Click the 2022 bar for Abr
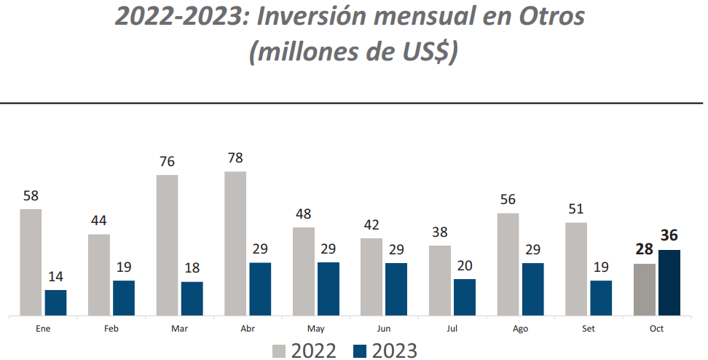[235, 243]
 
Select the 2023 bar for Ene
[55, 302]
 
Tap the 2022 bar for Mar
[167, 245]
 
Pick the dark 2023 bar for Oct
[669, 283]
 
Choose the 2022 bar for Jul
[440, 281]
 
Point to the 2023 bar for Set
[601, 298]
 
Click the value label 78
[235, 158]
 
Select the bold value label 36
[669, 236]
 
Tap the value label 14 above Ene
[55, 276]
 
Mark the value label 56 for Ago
[508, 200]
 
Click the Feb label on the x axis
[111, 329]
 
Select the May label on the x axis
[316, 329]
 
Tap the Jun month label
[384, 329]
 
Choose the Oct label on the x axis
[657, 329]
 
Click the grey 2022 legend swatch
[280, 351]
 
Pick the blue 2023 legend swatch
[361, 351]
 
